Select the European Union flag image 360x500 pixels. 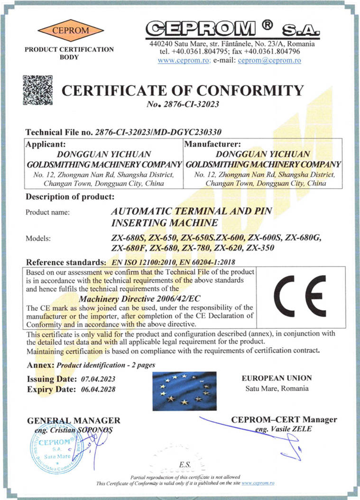185,391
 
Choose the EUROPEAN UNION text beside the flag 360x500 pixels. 277,378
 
